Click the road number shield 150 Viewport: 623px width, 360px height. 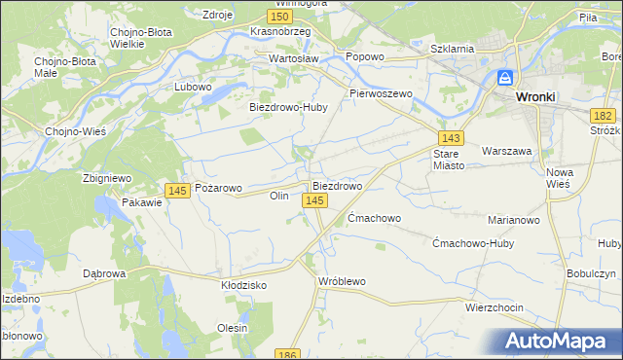pyautogui.click(x=280, y=17)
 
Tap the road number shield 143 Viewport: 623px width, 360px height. pyautogui.click(x=450, y=138)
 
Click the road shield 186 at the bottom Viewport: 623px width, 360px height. pyautogui.click(x=286, y=354)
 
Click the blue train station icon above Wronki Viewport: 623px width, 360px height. pyautogui.click(x=505, y=78)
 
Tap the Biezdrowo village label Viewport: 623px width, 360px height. pyautogui.click(x=337, y=185)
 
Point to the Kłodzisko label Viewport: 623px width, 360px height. pyautogui.click(x=244, y=286)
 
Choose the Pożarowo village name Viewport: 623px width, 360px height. pyautogui.click(x=219, y=186)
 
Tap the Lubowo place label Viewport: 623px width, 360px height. pyautogui.click(x=193, y=87)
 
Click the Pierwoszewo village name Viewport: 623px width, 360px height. pyautogui.click(x=382, y=93)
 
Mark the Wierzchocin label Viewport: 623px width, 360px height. pyautogui.click(x=494, y=307)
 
